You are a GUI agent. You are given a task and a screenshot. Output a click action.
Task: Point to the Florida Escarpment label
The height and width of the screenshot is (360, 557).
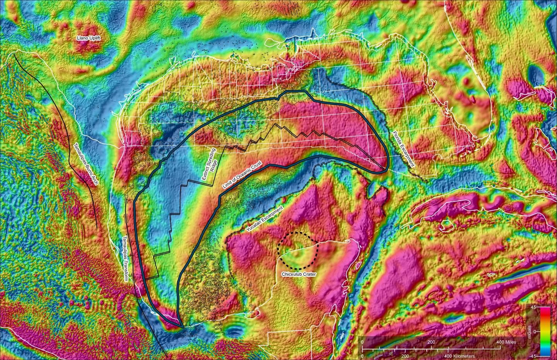(403, 148)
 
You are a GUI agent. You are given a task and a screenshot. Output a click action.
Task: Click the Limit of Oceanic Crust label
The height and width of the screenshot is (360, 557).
(243, 175)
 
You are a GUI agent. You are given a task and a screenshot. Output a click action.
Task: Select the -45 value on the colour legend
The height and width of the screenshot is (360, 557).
(532, 355)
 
